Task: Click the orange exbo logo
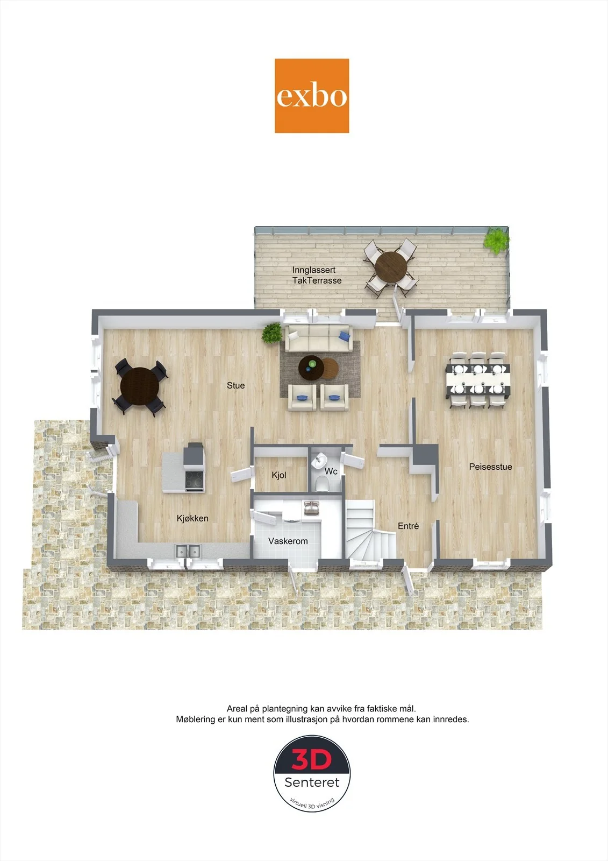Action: [x=311, y=96]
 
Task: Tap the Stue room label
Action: [x=235, y=385]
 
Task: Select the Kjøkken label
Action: [x=192, y=518]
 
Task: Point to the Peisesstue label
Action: [x=490, y=467]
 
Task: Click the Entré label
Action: [x=408, y=526]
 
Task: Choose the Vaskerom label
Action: [x=288, y=541]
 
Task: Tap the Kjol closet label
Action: [x=279, y=475]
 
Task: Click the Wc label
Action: [x=331, y=471]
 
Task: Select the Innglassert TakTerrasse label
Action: [x=317, y=275]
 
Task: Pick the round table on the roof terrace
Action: [x=391, y=266]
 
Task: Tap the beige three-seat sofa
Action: [x=318, y=338]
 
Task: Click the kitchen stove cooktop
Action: [x=194, y=479]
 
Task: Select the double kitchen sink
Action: [x=188, y=551]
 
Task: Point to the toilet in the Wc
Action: [x=322, y=484]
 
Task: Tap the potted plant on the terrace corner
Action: [x=496, y=239]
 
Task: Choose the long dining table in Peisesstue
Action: [x=478, y=380]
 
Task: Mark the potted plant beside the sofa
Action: [x=272, y=333]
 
